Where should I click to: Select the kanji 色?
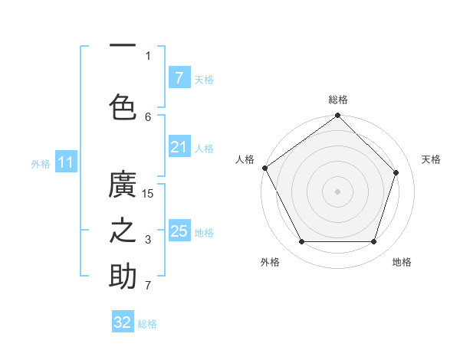click(123, 106)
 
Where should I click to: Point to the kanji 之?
click(123, 232)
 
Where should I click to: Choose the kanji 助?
click(123, 277)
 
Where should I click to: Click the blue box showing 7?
click(179, 78)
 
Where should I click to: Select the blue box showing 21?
click(179, 147)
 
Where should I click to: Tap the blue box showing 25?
click(179, 231)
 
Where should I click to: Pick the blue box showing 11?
click(65, 162)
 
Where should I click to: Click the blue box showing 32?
click(123, 322)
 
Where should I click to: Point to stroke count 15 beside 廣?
click(148, 194)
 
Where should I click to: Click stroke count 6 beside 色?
click(148, 116)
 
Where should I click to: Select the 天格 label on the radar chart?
click(431, 159)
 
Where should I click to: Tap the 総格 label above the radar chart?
click(338, 100)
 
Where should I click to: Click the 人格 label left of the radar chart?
click(245, 159)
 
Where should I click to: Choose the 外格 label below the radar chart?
click(270, 262)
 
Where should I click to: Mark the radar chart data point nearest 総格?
click(337, 116)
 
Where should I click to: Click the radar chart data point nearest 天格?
click(396, 172)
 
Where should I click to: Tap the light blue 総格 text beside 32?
click(147, 324)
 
